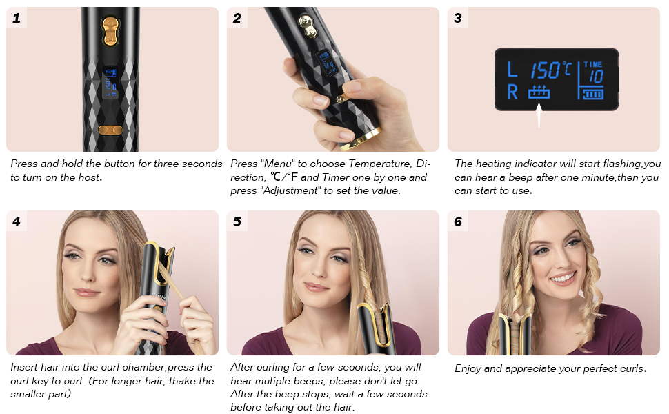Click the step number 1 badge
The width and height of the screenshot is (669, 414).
[17, 18]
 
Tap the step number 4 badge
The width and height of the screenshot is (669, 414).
[17, 221]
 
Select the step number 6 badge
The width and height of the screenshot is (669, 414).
[458, 221]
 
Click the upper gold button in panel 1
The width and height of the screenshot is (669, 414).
[110, 31]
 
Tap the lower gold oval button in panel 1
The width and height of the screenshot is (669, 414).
[110, 130]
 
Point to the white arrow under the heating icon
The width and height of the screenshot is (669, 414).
[539, 115]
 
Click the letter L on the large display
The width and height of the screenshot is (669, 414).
[512, 70]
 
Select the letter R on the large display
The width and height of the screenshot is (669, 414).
[512, 92]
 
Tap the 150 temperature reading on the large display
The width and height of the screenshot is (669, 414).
[546, 70]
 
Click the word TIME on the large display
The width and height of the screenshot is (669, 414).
[593, 64]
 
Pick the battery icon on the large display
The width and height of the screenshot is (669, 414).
[593, 93]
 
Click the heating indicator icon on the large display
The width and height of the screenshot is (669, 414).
[539, 92]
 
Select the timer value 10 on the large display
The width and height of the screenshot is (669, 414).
[596, 77]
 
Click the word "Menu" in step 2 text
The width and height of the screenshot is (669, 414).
[278, 164]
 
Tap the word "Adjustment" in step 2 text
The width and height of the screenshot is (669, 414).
[290, 190]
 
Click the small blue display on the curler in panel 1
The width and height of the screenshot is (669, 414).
[110, 82]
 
